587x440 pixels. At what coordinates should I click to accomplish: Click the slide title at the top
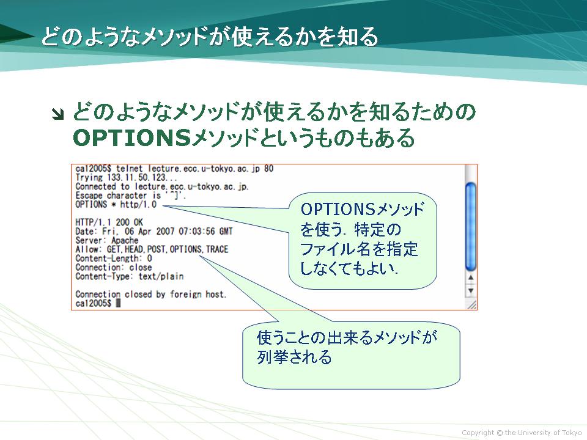210,37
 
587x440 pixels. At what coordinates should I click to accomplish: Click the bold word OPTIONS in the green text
133,137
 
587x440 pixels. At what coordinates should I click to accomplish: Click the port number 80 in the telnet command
269,169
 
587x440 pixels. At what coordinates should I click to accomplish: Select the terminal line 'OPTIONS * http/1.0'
116,205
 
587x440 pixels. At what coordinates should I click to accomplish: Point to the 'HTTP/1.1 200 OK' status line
109,222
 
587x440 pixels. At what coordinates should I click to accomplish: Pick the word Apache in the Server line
125,241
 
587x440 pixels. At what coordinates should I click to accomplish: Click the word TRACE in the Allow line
217,249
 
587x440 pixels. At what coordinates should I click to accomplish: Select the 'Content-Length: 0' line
114,258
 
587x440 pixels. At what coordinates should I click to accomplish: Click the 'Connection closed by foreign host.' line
151,295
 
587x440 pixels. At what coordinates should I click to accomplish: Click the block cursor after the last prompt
118,304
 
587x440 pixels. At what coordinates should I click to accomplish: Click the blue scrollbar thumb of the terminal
471,226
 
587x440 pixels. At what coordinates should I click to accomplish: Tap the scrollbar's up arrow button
471,278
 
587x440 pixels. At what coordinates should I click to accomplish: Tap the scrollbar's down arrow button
471,291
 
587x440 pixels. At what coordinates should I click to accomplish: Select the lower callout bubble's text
347,347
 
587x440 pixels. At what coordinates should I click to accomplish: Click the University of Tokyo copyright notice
522,433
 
